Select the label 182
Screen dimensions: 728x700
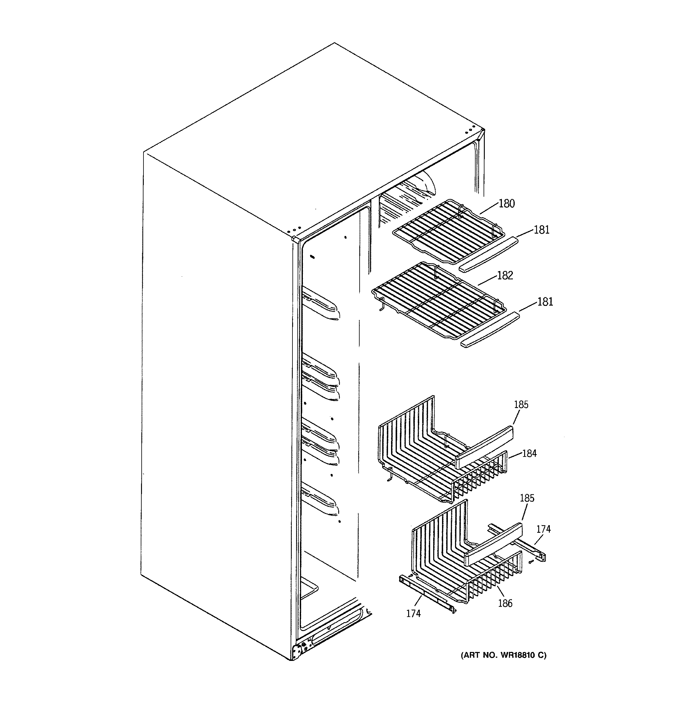pos(505,275)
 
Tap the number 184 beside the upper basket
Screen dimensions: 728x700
pos(529,453)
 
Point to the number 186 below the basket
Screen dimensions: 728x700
pos(505,603)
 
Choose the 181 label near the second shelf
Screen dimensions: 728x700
pos(545,302)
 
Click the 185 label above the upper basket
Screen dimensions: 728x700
pos(521,404)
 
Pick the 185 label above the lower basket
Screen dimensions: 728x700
pos(527,498)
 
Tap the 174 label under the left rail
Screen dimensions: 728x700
pos(413,614)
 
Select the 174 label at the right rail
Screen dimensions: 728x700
pos(543,529)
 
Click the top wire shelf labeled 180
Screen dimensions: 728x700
pos(446,230)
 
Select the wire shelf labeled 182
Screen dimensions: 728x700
pos(439,301)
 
